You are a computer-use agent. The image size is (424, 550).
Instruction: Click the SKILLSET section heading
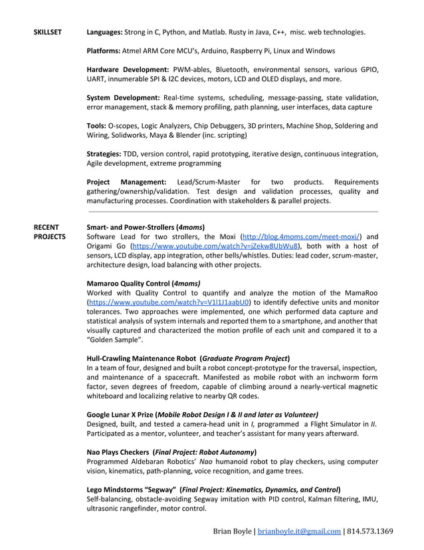pyautogui.click(x=47, y=32)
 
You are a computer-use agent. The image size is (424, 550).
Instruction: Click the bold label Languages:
pyautogui.click(x=104, y=32)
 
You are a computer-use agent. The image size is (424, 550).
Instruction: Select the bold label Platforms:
pyautogui.click(x=104, y=51)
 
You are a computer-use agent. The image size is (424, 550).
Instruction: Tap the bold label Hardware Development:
pyautogui.click(x=128, y=69)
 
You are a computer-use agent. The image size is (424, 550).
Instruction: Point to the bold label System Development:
pyautogui.click(x=123, y=97)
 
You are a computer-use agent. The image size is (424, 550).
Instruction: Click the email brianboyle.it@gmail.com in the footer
pyautogui.click(x=298, y=531)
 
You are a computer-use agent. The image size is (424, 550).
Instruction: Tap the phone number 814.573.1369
pyautogui.click(x=370, y=531)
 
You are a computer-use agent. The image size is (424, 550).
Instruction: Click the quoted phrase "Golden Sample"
pyautogui.click(x=115, y=340)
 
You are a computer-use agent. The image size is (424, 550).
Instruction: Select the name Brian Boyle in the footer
pyautogui.click(x=232, y=531)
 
